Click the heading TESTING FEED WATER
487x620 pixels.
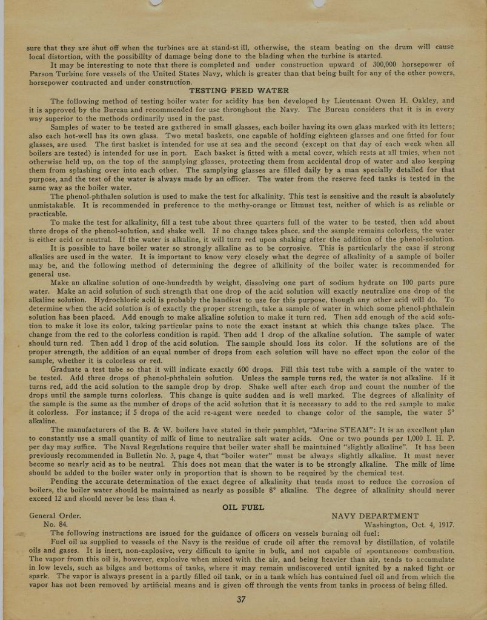(x=243, y=91)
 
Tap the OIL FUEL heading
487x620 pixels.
(x=243, y=507)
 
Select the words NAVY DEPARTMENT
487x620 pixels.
(x=375, y=516)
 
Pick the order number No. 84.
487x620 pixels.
(x=56, y=525)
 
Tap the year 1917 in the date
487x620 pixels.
(x=443, y=525)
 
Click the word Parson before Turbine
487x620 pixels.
(x=43, y=73)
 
